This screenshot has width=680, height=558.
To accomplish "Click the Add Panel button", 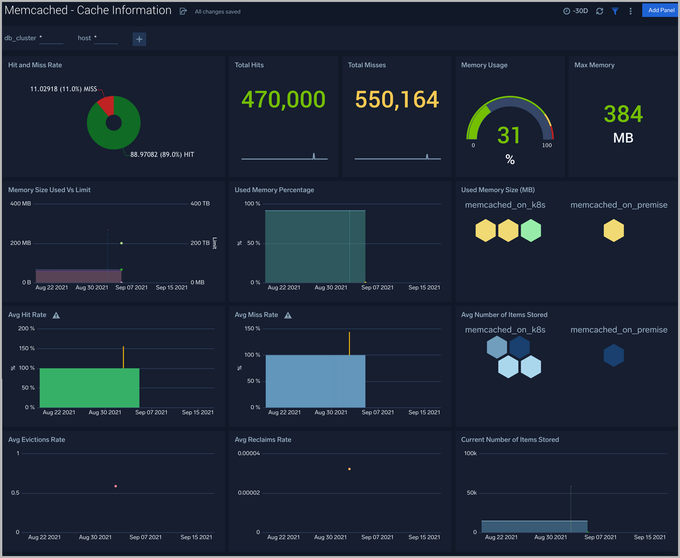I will click(x=661, y=10).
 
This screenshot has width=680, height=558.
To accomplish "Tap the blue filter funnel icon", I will click(x=615, y=11).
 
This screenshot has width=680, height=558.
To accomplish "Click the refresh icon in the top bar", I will click(x=599, y=11).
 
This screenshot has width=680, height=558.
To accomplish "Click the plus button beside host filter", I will click(x=139, y=39).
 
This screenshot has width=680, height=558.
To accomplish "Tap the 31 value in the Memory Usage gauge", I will click(x=509, y=135).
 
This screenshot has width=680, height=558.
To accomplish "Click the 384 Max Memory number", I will click(x=623, y=114).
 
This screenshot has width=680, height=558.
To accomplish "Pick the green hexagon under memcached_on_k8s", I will click(x=530, y=230).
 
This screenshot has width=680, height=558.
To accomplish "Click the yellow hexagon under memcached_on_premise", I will click(x=613, y=230).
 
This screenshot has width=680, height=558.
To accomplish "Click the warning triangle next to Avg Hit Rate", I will click(x=56, y=315).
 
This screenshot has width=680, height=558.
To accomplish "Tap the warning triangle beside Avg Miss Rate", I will click(x=288, y=315).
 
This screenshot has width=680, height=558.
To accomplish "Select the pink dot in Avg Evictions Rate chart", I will click(x=116, y=486).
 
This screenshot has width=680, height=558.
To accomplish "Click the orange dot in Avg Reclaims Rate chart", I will click(x=349, y=469).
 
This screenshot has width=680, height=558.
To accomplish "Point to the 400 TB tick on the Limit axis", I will click(x=200, y=204).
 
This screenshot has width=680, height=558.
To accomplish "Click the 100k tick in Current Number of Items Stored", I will click(x=470, y=453).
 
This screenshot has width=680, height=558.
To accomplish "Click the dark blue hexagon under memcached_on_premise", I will click(x=613, y=355).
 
